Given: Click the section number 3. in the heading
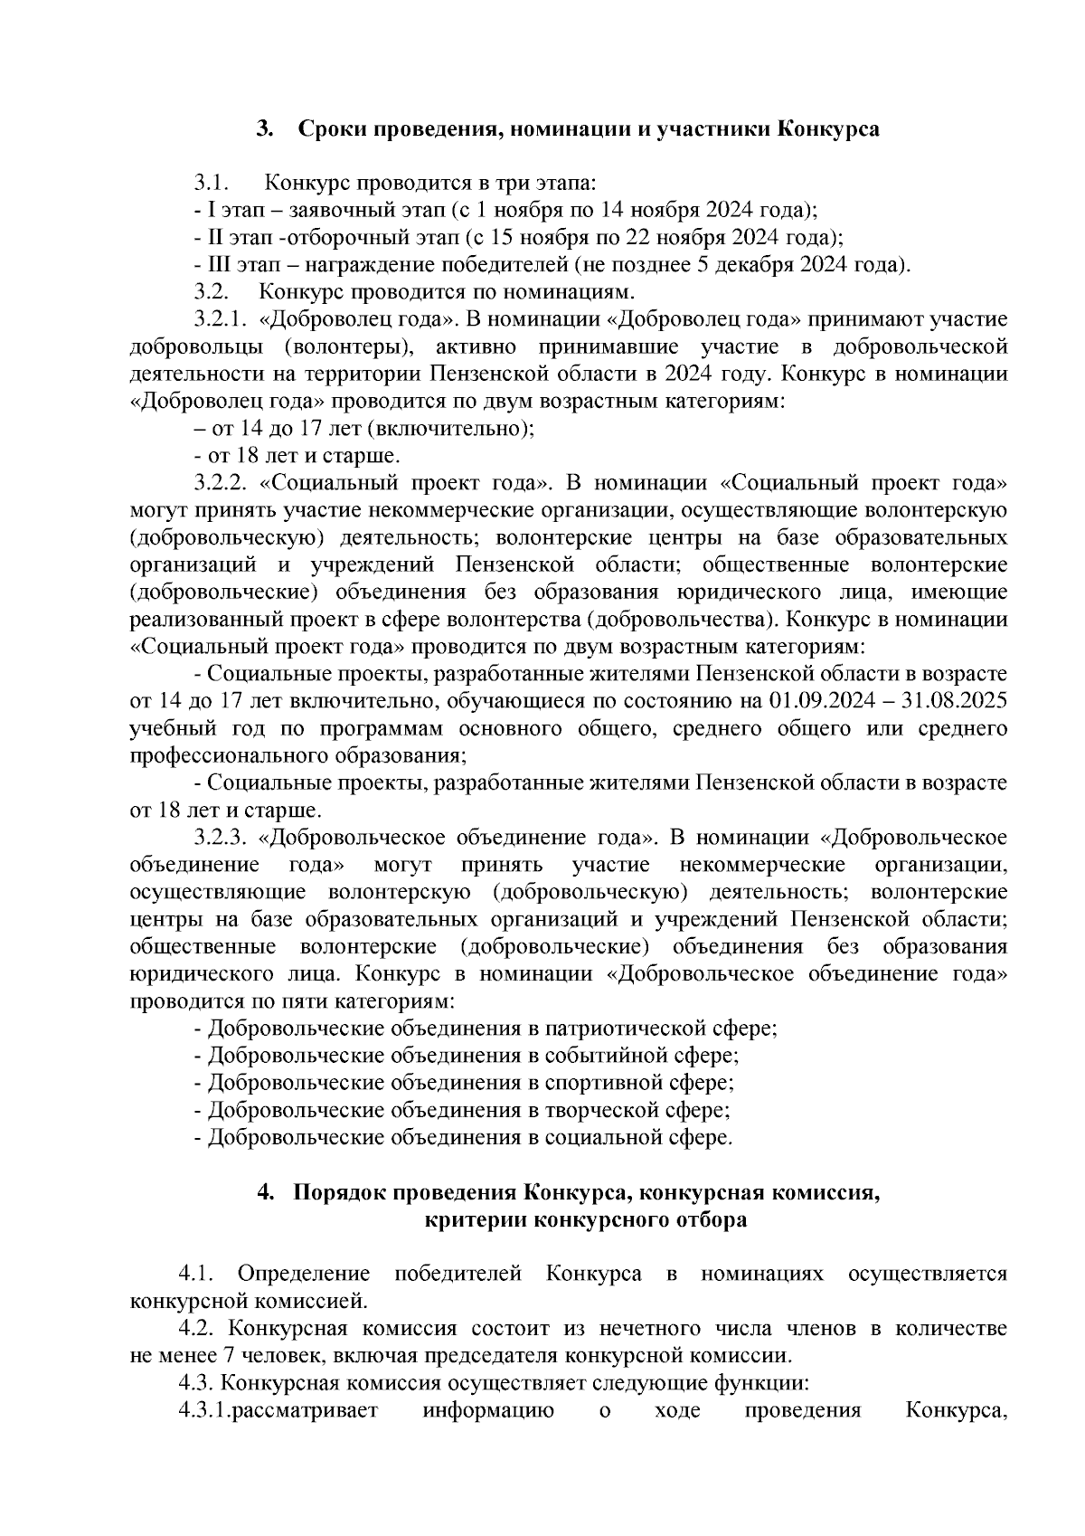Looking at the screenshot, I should [265, 129].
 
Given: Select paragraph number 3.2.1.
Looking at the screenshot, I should [220, 319].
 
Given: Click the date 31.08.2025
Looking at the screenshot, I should [958, 701].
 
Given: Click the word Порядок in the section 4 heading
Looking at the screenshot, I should [336, 1192].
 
